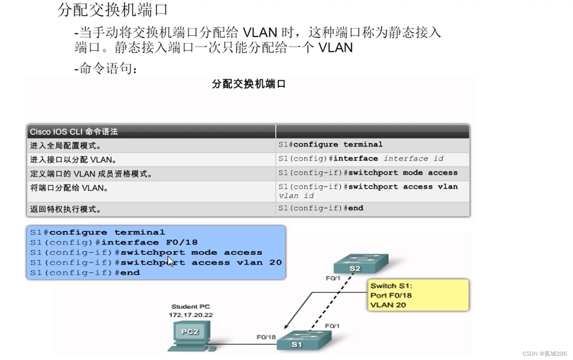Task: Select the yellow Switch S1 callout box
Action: tap(418, 295)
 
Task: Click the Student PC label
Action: tap(190, 307)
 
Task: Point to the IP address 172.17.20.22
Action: tap(190, 315)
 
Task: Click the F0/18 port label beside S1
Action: tap(266, 337)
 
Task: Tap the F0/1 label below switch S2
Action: tap(333, 279)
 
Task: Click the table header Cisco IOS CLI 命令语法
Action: tap(74, 132)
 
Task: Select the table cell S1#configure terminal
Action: tap(330, 145)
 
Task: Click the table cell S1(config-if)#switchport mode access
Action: tap(368, 173)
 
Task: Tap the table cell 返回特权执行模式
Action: tap(66, 209)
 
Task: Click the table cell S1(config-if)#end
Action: tap(321, 208)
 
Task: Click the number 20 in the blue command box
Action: tap(275, 263)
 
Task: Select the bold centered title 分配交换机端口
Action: tap(249, 84)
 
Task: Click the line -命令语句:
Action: tap(106, 69)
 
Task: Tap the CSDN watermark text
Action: tap(544, 354)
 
